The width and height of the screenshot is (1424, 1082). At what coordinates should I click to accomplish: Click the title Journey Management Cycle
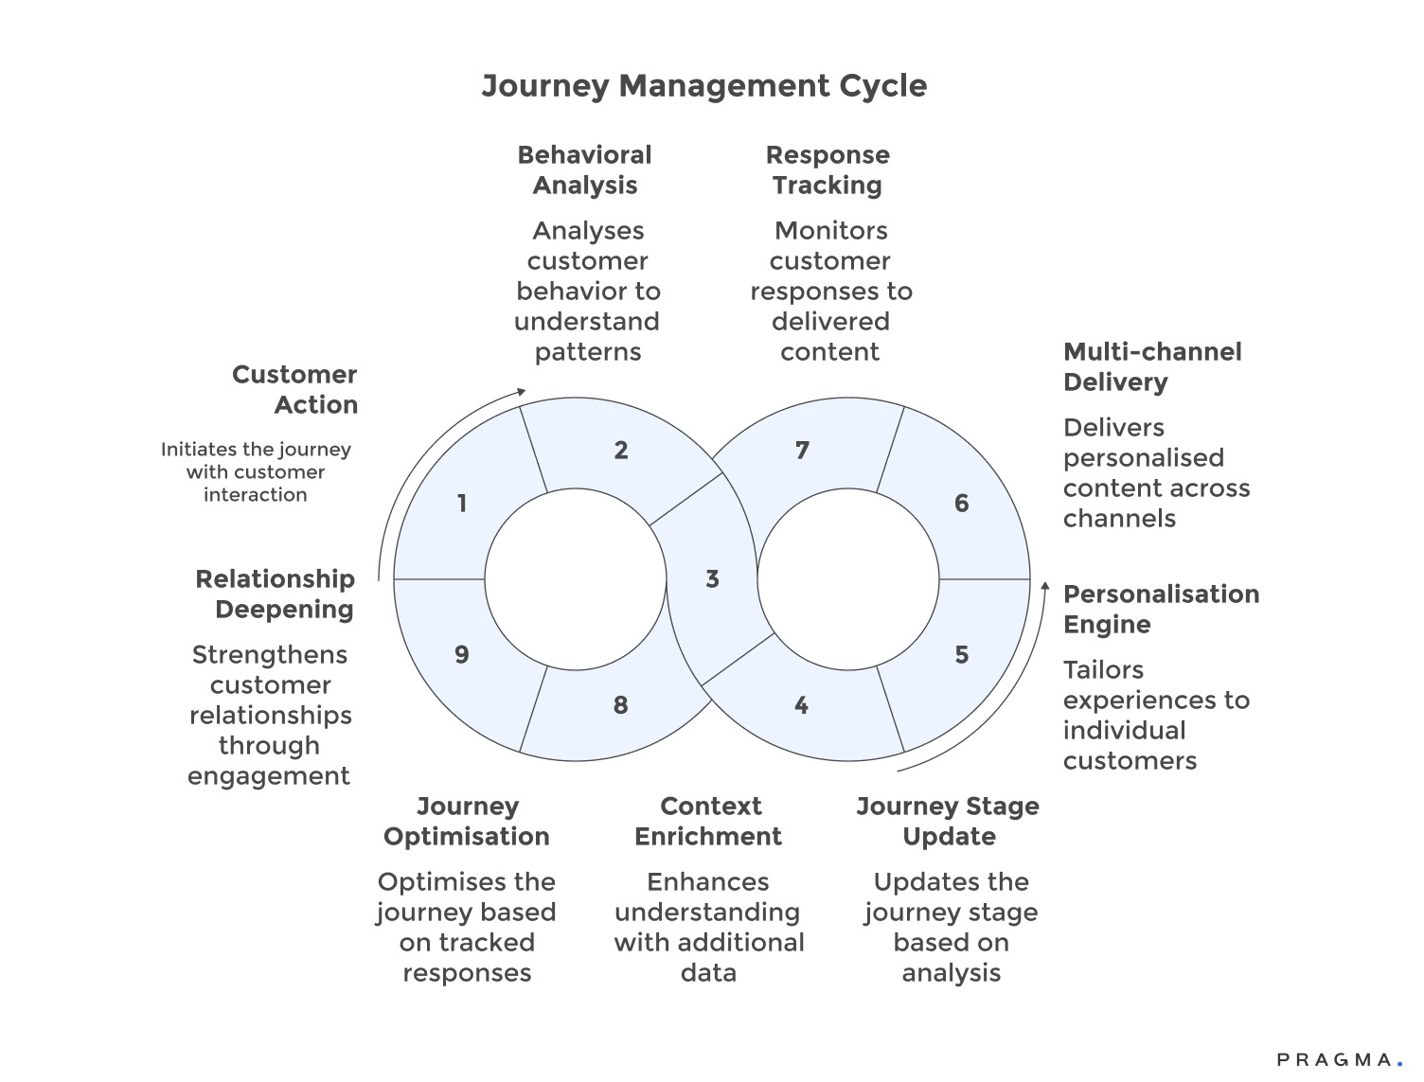coord(703,86)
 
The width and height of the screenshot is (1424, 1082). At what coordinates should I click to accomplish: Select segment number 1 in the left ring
coord(462,504)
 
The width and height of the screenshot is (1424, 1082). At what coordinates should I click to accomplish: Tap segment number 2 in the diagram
coord(620,451)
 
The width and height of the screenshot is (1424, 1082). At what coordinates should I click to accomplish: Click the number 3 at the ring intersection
coord(712,579)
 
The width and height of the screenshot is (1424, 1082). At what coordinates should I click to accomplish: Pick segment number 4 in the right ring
coord(801,705)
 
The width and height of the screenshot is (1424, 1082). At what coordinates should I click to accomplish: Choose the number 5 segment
coord(961,655)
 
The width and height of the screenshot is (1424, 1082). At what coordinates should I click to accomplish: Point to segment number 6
coord(961,504)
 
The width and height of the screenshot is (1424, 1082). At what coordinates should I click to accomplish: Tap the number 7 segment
coord(802,451)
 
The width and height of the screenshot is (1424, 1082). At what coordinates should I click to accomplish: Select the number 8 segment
coord(620,705)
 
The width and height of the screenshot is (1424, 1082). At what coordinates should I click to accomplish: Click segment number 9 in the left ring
coord(462,655)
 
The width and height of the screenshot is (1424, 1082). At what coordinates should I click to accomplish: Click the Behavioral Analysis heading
coord(584,170)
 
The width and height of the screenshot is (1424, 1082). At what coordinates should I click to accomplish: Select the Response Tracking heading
coord(828,170)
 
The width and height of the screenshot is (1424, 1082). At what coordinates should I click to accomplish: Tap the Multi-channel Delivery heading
coord(1151,367)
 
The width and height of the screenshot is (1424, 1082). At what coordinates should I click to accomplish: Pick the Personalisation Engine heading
coord(1161,610)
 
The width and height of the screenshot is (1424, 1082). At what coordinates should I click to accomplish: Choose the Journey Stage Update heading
coord(948,822)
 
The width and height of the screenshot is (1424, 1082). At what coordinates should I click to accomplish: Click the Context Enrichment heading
coord(708,822)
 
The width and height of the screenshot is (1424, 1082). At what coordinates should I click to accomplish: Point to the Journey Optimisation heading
coord(467,822)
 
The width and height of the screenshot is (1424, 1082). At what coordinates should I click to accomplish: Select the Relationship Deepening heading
coord(275,594)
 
